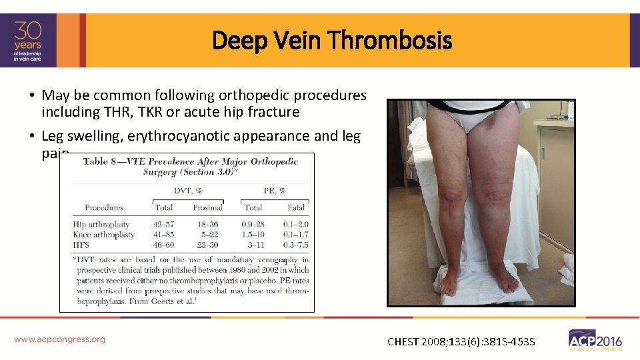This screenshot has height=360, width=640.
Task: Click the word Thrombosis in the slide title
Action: tap(390, 41)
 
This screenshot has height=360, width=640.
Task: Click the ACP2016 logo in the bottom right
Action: tap(595, 339)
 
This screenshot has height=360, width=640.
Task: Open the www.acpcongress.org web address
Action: tap(59, 339)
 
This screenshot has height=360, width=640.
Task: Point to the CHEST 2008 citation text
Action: tap(461, 342)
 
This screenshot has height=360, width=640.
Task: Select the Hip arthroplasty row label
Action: tap(101, 225)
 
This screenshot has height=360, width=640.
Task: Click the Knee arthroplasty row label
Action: tap(103, 235)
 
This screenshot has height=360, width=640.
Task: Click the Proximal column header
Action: tap(207, 207)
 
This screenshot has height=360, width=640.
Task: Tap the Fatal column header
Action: tap(297, 207)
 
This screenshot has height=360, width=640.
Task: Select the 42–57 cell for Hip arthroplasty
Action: tap(164, 225)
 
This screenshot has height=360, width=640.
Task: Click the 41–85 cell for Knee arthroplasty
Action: tap(164, 235)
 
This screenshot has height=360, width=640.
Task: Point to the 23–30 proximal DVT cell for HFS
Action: tap(207, 245)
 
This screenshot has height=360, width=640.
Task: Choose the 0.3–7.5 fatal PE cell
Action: tap(296, 245)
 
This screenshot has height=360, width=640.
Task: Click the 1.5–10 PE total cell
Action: tap(253, 235)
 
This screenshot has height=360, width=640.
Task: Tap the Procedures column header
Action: tap(105, 207)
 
